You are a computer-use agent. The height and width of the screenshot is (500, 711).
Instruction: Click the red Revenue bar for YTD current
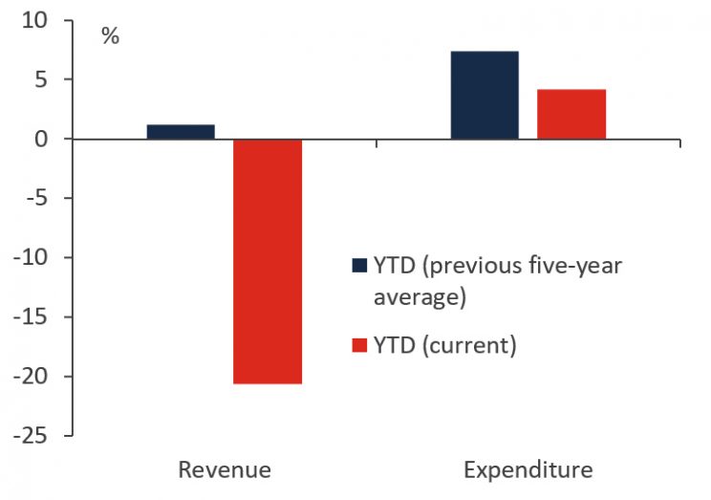click(x=268, y=261)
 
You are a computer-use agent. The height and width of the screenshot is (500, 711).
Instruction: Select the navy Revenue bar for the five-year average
click(x=181, y=132)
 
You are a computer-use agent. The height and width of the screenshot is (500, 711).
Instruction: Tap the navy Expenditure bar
click(x=485, y=95)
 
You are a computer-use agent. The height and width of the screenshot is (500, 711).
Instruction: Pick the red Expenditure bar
click(x=571, y=114)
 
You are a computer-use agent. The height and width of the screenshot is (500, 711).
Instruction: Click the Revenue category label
click(x=225, y=470)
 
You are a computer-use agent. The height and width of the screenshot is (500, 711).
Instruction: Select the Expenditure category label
click(x=528, y=470)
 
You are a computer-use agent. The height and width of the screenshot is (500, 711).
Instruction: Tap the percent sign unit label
click(x=111, y=38)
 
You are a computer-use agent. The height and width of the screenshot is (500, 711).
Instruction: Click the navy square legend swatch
click(x=359, y=266)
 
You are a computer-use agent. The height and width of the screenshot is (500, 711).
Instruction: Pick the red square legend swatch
click(x=359, y=345)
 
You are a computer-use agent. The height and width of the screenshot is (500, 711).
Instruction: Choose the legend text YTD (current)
click(x=445, y=345)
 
